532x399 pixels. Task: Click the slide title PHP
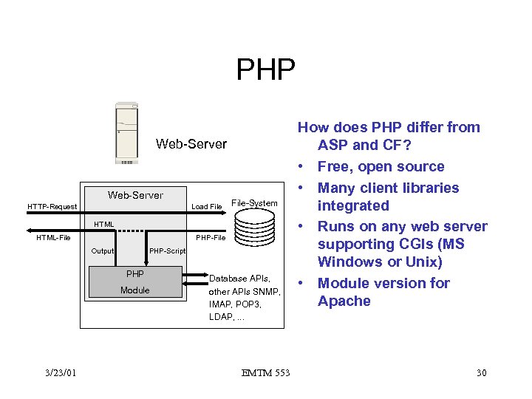coord(265,70)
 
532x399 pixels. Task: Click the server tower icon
coord(126,134)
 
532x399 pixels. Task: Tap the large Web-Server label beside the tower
coord(191,144)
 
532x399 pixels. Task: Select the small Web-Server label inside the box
coord(135,195)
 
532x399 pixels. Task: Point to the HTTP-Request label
coord(52,207)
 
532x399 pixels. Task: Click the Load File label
coord(207,207)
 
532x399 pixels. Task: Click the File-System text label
coord(254,202)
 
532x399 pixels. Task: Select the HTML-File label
coord(53,238)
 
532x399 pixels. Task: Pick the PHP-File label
coord(210,238)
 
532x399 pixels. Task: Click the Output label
coord(102,251)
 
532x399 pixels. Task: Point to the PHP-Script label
coord(167,251)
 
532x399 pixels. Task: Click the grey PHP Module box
coord(135,282)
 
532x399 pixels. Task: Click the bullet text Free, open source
coord(381,167)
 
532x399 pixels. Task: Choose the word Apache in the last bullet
coord(344,301)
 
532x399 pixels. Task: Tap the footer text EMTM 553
coord(265,373)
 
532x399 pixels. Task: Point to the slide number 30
coord(481,373)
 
